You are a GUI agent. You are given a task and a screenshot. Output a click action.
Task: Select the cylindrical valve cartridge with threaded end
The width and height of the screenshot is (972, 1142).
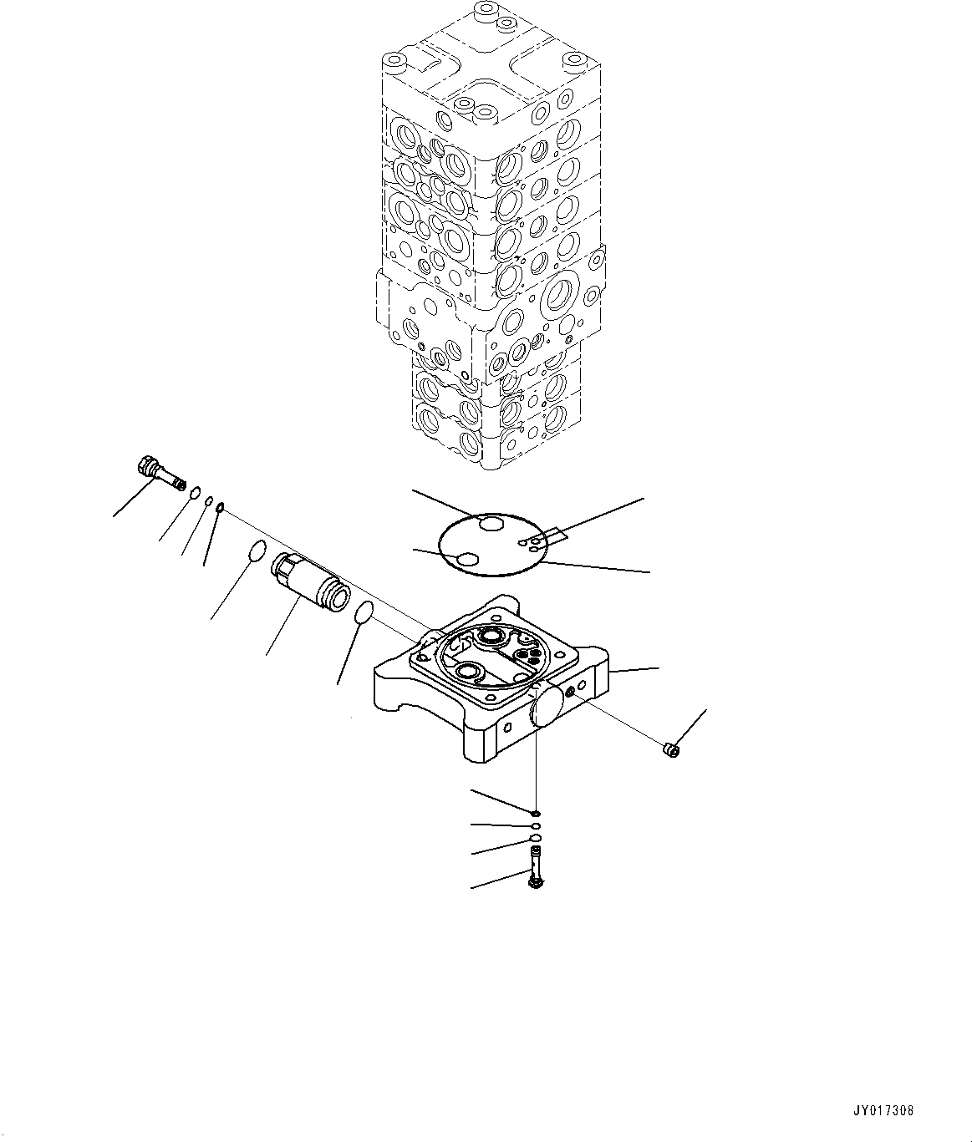(x=310, y=583)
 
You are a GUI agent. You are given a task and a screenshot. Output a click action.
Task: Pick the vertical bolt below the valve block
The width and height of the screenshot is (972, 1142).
(x=535, y=874)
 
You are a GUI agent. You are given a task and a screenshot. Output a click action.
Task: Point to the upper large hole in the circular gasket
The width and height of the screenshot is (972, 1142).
(x=491, y=524)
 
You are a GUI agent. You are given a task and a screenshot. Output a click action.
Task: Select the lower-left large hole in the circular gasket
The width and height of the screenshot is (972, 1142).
(x=467, y=559)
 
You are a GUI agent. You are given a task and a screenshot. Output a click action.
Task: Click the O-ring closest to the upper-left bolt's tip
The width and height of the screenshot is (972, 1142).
(x=195, y=492)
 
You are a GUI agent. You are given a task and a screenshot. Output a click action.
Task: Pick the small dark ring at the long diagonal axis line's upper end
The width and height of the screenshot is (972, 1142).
(x=220, y=506)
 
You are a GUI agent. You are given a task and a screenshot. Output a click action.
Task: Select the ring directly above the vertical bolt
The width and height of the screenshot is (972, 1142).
(x=535, y=838)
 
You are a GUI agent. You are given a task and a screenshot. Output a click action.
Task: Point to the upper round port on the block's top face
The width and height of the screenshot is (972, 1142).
(x=492, y=637)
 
